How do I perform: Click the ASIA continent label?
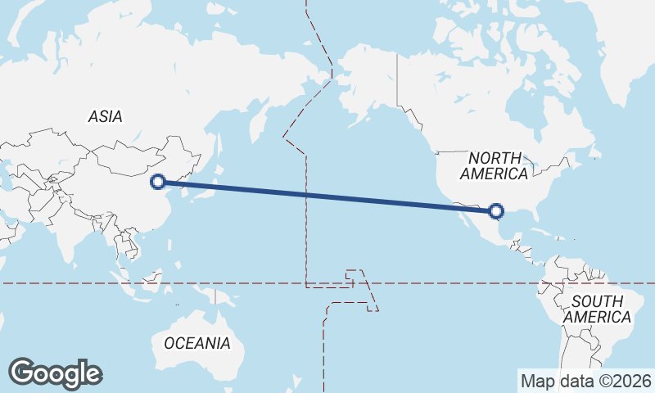click(x=105, y=117)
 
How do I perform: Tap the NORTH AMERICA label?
click(x=494, y=165)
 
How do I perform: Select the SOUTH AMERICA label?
click(x=601, y=309)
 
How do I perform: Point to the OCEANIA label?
click(x=197, y=343)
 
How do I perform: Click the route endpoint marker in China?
click(x=159, y=182)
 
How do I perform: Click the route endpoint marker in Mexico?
click(x=495, y=211)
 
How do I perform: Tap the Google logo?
click(x=55, y=373)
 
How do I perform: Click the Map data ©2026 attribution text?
click(x=586, y=381)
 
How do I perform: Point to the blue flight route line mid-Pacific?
click(x=327, y=196)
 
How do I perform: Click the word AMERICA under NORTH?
click(x=494, y=174)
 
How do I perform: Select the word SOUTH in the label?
click(x=601, y=301)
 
